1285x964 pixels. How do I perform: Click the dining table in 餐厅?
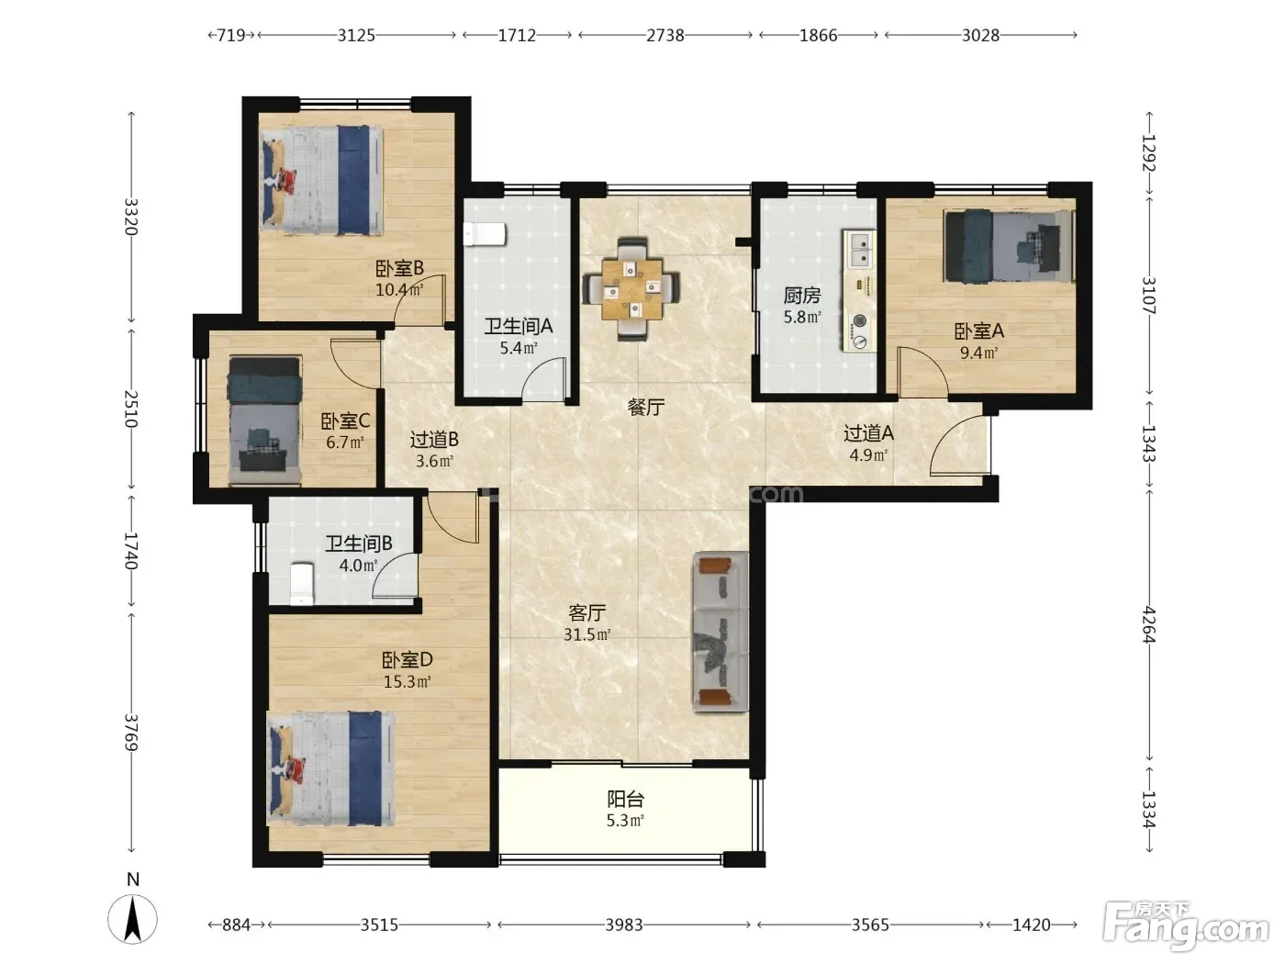pyautogui.click(x=631, y=289)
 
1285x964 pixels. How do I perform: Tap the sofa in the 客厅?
pyautogui.click(x=721, y=632)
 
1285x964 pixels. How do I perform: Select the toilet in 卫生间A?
pyautogui.click(x=484, y=234)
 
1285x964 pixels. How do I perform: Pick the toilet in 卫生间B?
pyautogui.click(x=302, y=583)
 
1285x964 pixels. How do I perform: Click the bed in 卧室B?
pyautogui.click(x=322, y=180)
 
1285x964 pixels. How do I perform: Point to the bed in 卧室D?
pyautogui.click(x=330, y=768)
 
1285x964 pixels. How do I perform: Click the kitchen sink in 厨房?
pyautogui.click(x=859, y=250)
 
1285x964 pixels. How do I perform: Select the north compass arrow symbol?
pyautogui.click(x=133, y=918)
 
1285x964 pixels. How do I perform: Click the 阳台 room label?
pyautogui.click(x=625, y=799)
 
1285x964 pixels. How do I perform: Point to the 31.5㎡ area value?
pyautogui.click(x=587, y=634)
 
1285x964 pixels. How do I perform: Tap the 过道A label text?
pyautogui.click(x=868, y=433)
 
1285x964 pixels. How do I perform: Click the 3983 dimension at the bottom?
pyautogui.click(x=624, y=925)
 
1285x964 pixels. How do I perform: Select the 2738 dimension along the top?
pyautogui.click(x=665, y=36)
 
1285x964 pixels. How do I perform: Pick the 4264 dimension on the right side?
pyautogui.click(x=1149, y=624)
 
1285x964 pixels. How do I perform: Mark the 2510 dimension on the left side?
pyautogui.click(x=131, y=409)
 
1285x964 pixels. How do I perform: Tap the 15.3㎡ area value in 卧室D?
pyautogui.click(x=408, y=682)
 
